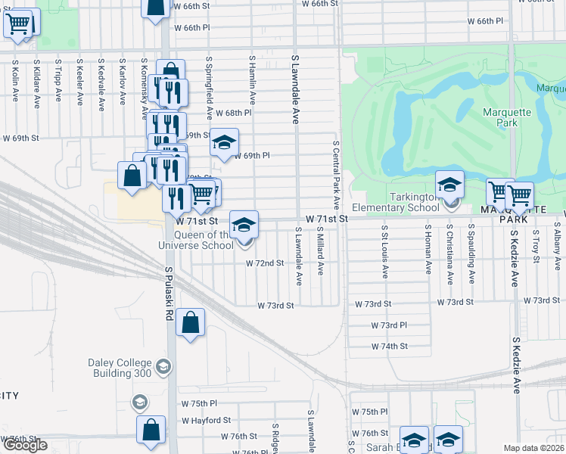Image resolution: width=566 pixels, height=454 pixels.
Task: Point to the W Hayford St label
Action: [x=206, y=420]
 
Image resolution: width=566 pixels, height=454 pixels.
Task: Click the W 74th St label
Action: [x=389, y=346]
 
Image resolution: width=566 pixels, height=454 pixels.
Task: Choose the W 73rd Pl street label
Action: [x=389, y=325]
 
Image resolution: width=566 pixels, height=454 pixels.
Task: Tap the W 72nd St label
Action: [x=264, y=263]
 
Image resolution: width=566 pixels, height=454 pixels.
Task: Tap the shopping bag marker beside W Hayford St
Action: [x=151, y=428]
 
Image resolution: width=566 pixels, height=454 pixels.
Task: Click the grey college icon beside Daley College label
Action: [x=162, y=368]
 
